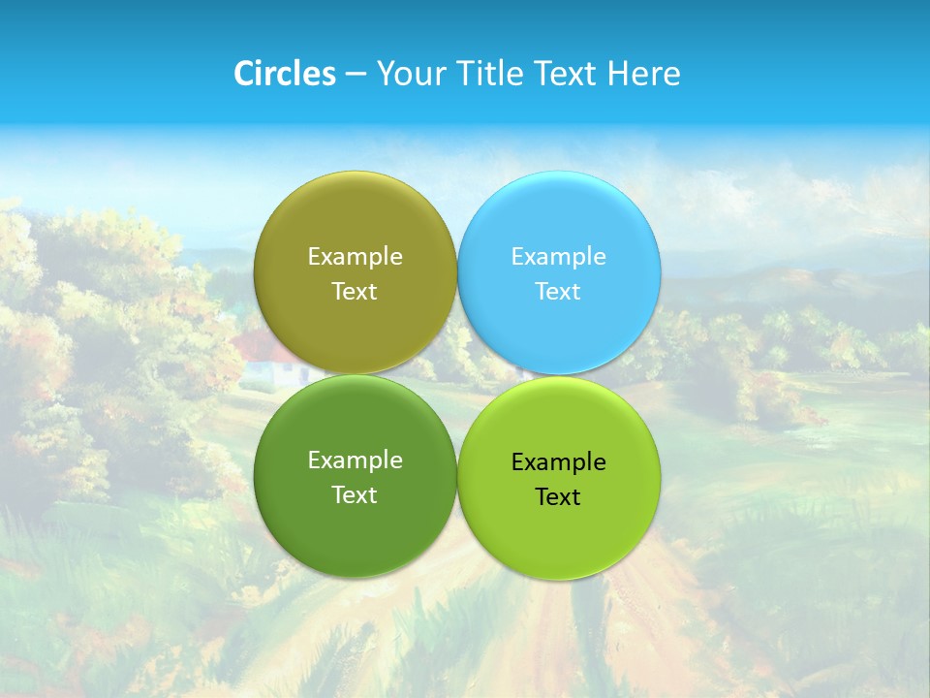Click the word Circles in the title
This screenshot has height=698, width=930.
(x=285, y=74)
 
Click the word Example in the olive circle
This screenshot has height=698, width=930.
(x=355, y=257)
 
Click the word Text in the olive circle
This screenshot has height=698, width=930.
(x=355, y=292)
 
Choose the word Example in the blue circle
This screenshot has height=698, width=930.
(x=558, y=257)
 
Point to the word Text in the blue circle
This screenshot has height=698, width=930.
(x=558, y=292)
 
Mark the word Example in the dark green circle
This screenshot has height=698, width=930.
(x=355, y=460)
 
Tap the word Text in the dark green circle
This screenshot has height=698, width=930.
(x=355, y=495)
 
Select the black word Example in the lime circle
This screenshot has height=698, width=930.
(x=558, y=462)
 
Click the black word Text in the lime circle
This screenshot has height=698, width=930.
(x=558, y=497)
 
